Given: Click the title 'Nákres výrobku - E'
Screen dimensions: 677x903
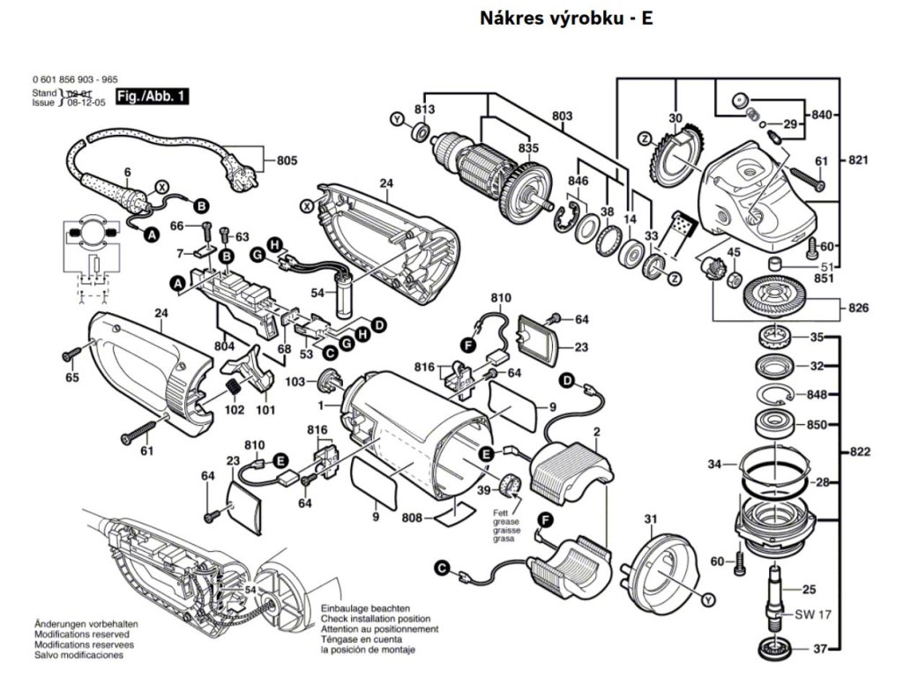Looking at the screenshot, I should coord(567,18).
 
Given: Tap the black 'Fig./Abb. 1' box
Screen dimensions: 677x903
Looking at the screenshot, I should coord(153,97).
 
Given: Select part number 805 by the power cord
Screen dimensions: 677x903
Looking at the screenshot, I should coord(287,160).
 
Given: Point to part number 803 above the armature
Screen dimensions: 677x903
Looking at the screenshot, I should coord(562,116).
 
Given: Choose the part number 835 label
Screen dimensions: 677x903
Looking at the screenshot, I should coord(527,147).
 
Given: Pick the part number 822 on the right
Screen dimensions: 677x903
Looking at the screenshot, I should coord(862,452).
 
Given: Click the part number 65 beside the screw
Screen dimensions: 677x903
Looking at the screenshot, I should coord(71,378).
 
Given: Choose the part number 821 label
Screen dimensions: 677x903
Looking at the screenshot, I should coord(860,160).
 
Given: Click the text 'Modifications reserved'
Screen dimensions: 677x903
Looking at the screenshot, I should coord(81,634).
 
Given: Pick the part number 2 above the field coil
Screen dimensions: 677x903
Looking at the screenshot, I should coord(597,431).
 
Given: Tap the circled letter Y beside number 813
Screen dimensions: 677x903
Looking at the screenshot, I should coord(397,119).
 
